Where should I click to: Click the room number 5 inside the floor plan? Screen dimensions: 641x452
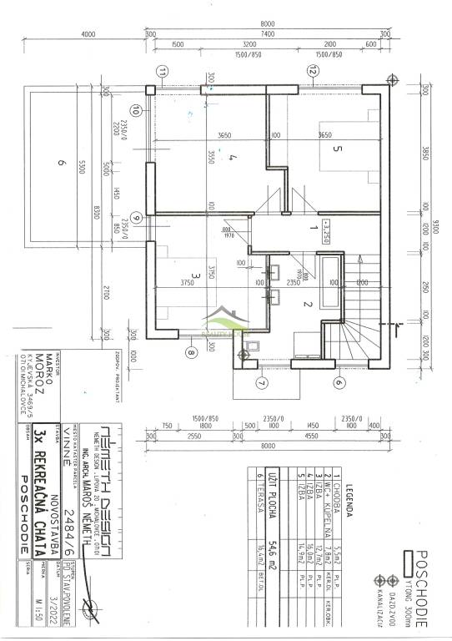[337, 150]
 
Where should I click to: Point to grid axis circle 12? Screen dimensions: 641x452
[312, 72]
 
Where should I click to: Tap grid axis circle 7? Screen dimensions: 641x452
[260, 383]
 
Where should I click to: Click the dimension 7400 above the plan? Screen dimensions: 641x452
[266, 33]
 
